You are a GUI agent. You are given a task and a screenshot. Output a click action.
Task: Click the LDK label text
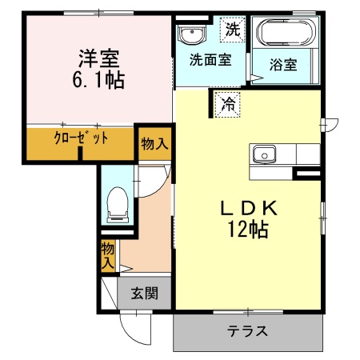pyautogui.click(x=249, y=208)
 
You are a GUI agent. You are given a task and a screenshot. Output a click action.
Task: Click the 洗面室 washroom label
pyautogui.click(x=210, y=61)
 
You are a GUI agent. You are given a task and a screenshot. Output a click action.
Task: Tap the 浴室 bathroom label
pyautogui.click(x=285, y=66)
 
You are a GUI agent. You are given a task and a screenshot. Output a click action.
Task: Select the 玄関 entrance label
pyautogui.click(x=145, y=292)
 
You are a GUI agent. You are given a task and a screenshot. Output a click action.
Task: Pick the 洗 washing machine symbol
pyautogui.click(x=230, y=30)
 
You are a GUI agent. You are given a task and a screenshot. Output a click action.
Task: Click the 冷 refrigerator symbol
pyautogui.click(x=228, y=102)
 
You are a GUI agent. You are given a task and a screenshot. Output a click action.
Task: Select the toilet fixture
pyautogui.click(x=118, y=204)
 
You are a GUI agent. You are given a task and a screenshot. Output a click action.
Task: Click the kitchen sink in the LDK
pyautogui.click(x=264, y=153)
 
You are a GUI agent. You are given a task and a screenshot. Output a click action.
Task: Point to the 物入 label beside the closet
pyautogui.click(x=154, y=145)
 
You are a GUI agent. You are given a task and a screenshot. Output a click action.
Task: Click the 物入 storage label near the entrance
pyautogui.click(x=107, y=256)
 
